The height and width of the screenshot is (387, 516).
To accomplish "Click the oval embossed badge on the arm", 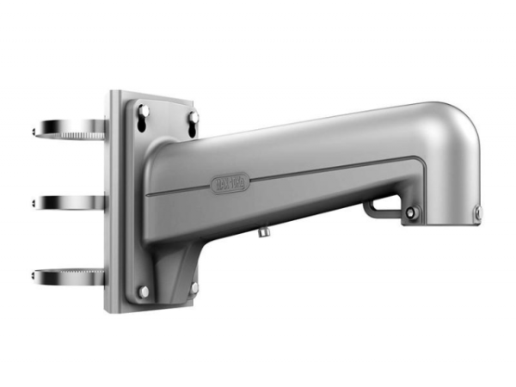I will click(229, 182).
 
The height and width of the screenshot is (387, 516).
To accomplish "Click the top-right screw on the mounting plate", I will click(194, 116).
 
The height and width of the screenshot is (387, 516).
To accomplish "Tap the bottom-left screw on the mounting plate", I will click(143, 292).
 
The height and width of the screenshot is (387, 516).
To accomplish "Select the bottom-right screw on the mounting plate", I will click(194, 286).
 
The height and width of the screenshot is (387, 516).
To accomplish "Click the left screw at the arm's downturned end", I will click(411, 212).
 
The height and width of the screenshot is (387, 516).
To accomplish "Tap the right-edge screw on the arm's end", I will click(477, 210).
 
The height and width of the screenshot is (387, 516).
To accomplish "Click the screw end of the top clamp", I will click(35, 132).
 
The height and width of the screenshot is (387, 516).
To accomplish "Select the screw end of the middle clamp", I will click(35, 203).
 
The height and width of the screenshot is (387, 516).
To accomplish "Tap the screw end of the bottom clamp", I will click(35, 276).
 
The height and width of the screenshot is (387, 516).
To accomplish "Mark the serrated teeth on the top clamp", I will click(86, 136).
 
